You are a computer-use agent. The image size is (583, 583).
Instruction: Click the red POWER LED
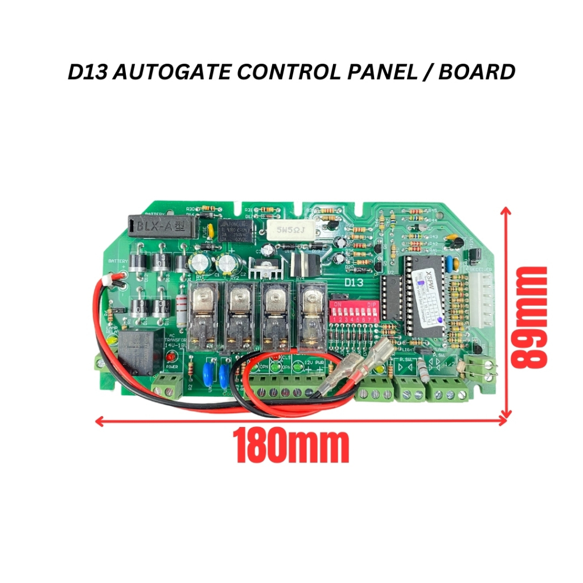(x=170, y=357)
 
